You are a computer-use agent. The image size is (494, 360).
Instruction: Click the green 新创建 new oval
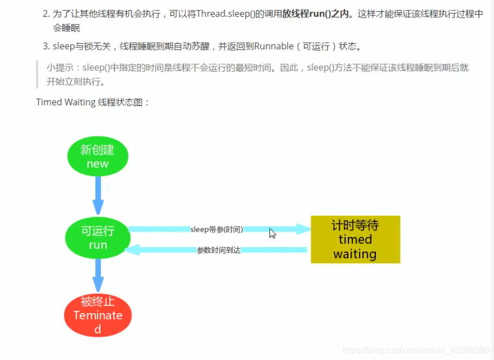click(x=98, y=157)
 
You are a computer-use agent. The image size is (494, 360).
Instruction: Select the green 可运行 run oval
click(x=98, y=237)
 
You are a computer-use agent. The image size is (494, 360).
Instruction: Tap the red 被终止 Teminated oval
click(x=98, y=315)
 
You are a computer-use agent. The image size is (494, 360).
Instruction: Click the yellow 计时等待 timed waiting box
click(x=355, y=240)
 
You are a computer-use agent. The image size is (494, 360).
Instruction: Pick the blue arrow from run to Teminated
click(x=98, y=275)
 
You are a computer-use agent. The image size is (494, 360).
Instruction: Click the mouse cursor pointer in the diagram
click(x=272, y=233)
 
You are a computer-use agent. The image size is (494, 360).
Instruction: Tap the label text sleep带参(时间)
click(x=217, y=229)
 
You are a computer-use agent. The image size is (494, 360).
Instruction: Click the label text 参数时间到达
click(x=218, y=250)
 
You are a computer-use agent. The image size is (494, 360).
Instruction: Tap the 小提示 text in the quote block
click(x=61, y=68)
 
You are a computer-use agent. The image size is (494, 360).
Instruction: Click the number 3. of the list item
click(x=46, y=46)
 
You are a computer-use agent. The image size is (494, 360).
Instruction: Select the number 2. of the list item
click(x=46, y=14)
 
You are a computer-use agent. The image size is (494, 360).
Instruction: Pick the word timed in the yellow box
click(x=355, y=240)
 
